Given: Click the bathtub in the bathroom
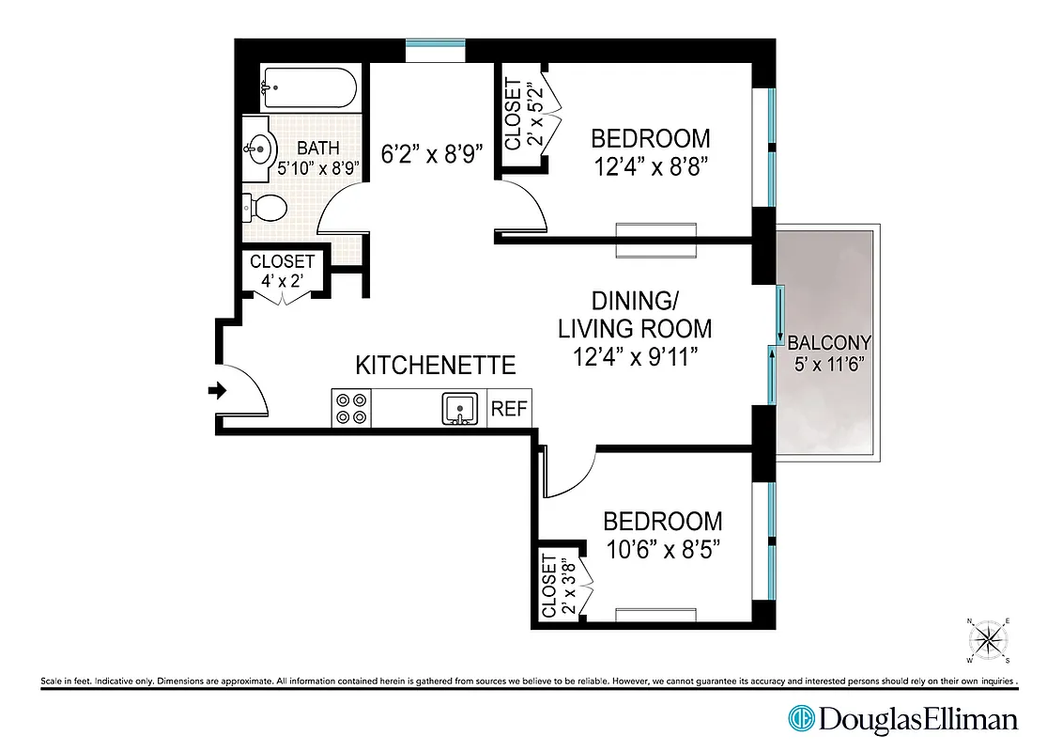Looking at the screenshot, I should click(309, 90).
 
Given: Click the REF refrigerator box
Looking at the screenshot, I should click(510, 409).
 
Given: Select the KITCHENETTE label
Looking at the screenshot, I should click(436, 365).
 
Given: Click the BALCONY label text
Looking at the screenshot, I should click(829, 342).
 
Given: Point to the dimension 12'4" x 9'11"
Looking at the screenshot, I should click(635, 357).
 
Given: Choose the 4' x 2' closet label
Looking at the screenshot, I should click(283, 280).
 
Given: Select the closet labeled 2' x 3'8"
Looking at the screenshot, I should click(559, 584).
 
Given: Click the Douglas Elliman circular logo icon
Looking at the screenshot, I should click(800, 719).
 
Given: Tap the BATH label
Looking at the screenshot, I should click(317, 148).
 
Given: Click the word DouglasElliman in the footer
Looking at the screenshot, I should click(918, 720).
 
